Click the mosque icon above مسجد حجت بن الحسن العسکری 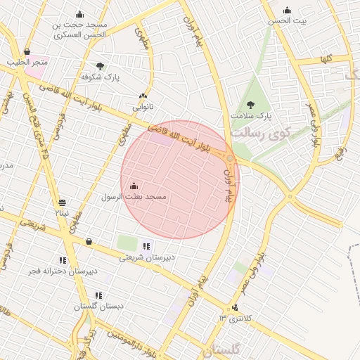pos(79,14)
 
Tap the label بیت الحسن pos(286,21)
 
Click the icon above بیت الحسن pos(287,10)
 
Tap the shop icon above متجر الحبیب pos(27,51)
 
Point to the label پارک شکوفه pos(101,77)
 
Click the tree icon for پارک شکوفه pos(100,66)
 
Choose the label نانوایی pos(143,108)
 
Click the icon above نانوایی pos(143,96)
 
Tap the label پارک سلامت pos(251,115)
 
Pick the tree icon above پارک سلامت pos(250,105)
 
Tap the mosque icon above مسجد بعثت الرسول pos(134,186)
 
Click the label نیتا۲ pos(63,212)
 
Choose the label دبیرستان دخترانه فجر pos(63,271)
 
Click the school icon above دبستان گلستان pos(98,295)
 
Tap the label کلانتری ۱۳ pos(234,318)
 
